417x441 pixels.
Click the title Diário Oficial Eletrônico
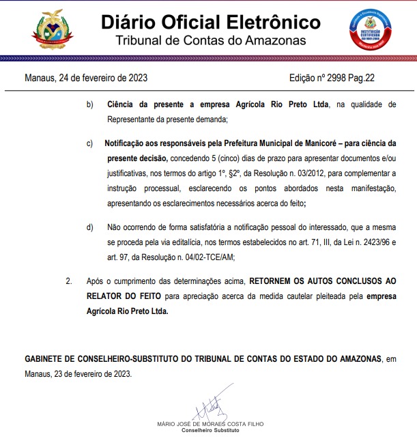210,22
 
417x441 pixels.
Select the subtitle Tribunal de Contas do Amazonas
210,41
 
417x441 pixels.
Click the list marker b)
90,105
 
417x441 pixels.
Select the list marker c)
90,145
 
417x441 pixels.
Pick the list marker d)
90,226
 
